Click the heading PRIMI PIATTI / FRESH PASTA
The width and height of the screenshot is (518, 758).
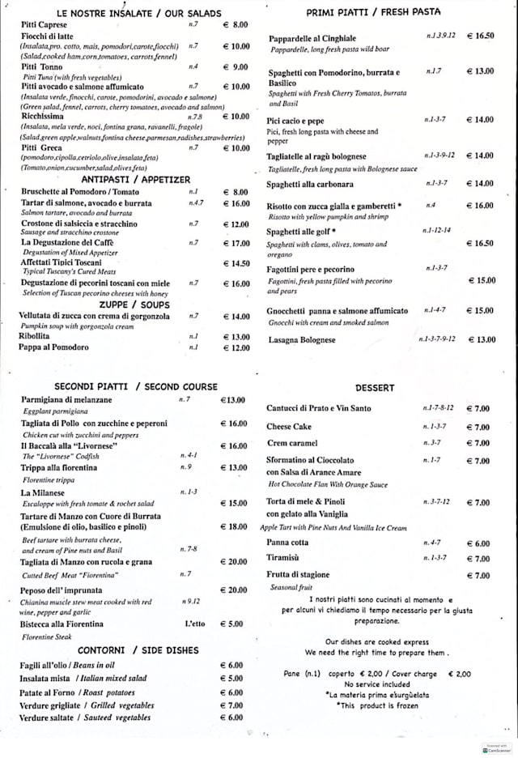point(373,12)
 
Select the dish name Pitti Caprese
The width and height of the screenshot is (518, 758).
point(45,25)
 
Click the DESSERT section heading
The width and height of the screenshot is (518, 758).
point(375,388)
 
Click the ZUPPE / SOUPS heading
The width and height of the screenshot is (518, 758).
point(136,304)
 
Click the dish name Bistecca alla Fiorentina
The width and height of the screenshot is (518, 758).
point(62,624)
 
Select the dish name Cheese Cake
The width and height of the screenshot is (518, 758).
point(289,427)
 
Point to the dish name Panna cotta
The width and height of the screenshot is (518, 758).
point(287,543)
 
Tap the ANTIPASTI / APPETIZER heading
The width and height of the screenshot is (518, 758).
point(136,179)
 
